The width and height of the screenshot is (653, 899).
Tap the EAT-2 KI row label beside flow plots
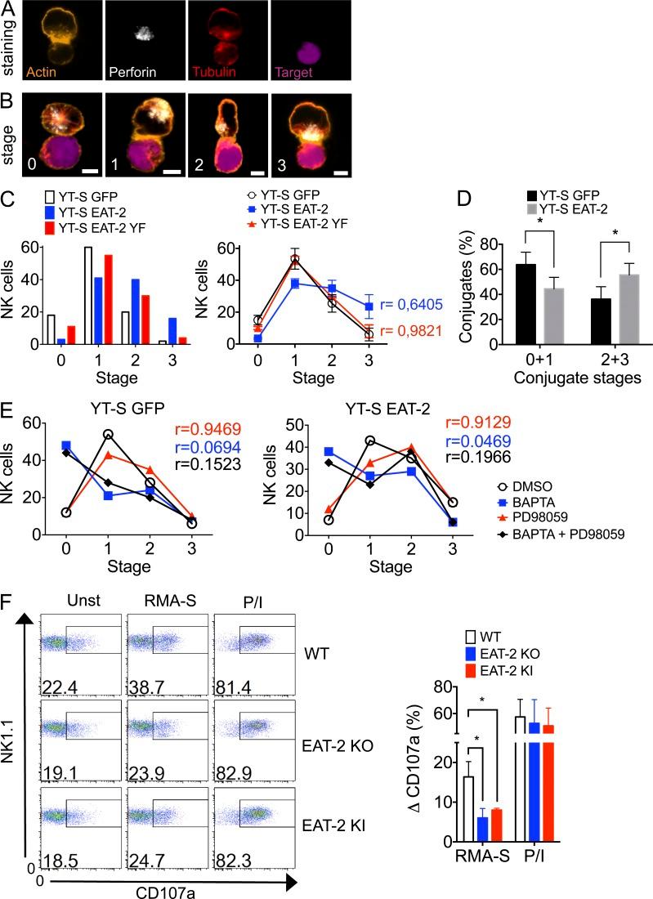338,825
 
